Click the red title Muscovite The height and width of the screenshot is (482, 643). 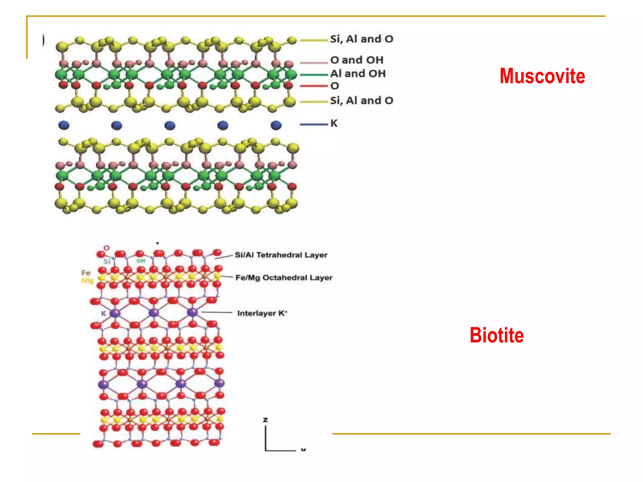point(542,76)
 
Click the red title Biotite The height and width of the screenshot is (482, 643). point(497,335)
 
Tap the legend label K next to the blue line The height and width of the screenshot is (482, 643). point(334,123)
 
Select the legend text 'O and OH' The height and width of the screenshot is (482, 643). point(357,60)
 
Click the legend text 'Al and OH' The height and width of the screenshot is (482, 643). point(358,73)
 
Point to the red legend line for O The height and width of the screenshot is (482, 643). point(313,86)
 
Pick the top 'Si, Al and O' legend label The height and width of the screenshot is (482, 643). point(361,39)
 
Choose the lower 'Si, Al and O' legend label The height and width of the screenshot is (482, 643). point(361,100)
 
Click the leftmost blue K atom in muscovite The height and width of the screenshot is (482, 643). point(64,125)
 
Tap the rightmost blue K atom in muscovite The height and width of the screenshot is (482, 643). point(276,125)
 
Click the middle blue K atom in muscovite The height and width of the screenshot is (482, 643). point(170,125)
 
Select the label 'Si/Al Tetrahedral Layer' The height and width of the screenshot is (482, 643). point(281,255)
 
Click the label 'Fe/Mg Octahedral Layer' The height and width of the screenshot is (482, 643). point(284,278)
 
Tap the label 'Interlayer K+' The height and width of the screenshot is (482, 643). point(262,313)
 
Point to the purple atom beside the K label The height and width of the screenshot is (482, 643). point(115,313)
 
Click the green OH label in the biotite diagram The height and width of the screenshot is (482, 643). point(141,261)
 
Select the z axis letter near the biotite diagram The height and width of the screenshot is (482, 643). point(266,420)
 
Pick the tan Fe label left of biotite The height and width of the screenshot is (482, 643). point(86,273)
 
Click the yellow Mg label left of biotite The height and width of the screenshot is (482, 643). point(87,281)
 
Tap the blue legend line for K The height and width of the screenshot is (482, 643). point(313,125)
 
